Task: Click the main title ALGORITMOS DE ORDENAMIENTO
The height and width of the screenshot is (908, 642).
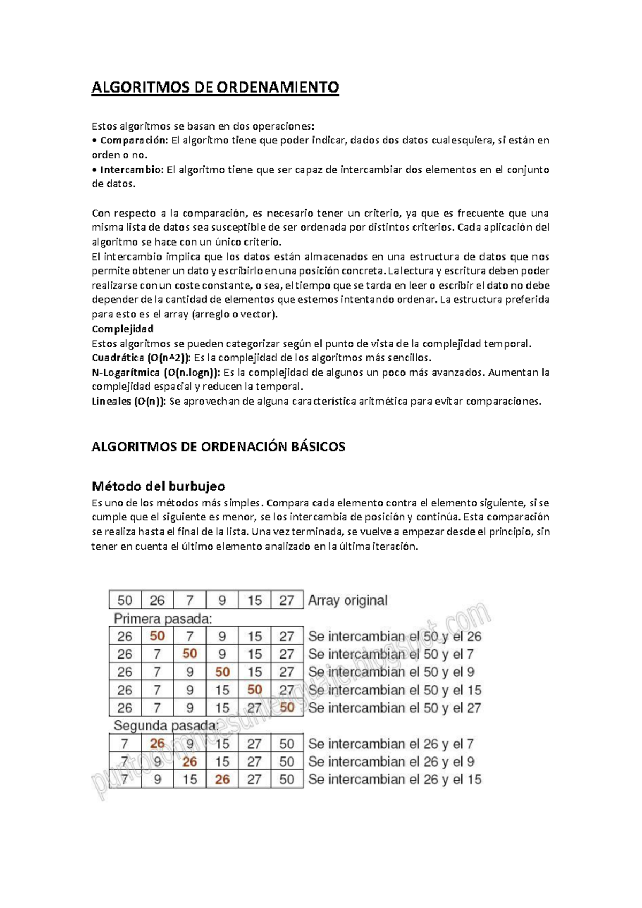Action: click(x=215, y=87)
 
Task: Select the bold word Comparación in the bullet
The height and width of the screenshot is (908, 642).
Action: click(x=134, y=140)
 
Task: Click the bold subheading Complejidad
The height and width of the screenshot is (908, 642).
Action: click(x=123, y=329)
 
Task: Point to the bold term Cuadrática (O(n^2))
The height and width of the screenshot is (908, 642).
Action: click(x=141, y=358)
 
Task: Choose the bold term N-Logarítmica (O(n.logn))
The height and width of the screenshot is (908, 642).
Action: click(x=156, y=372)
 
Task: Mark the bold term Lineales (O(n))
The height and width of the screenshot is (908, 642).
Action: click(x=129, y=401)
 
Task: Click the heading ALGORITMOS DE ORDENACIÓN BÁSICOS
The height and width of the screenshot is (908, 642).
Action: click(x=218, y=447)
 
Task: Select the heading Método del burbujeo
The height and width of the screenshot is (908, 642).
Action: click(x=158, y=486)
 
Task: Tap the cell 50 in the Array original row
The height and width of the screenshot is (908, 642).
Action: click(x=125, y=600)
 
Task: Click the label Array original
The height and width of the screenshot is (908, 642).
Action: click(x=348, y=600)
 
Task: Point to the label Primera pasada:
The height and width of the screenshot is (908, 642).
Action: click(x=163, y=619)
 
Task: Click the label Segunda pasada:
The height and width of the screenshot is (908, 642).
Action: click(x=166, y=726)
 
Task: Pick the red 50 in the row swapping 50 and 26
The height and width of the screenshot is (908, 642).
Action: click(x=157, y=636)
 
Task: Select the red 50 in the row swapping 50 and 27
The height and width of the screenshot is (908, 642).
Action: click(x=287, y=707)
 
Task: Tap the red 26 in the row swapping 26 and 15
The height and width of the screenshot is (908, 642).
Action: click(x=222, y=780)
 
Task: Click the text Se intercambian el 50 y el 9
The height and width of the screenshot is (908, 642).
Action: click(x=391, y=672)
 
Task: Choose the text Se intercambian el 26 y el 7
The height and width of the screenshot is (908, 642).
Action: click(x=391, y=744)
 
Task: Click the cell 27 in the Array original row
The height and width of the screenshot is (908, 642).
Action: click(x=287, y=600)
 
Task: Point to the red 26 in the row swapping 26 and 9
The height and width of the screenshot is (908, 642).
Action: click(x=189, y=761)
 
